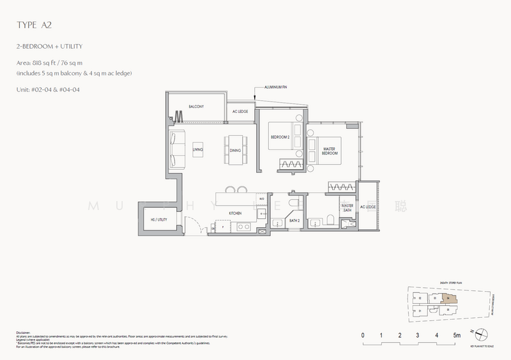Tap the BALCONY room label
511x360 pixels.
coord(195,107)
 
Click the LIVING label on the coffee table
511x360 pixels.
coord(197,151)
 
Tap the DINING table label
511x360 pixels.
coord(235,151)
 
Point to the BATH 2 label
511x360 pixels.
coord(294,220)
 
